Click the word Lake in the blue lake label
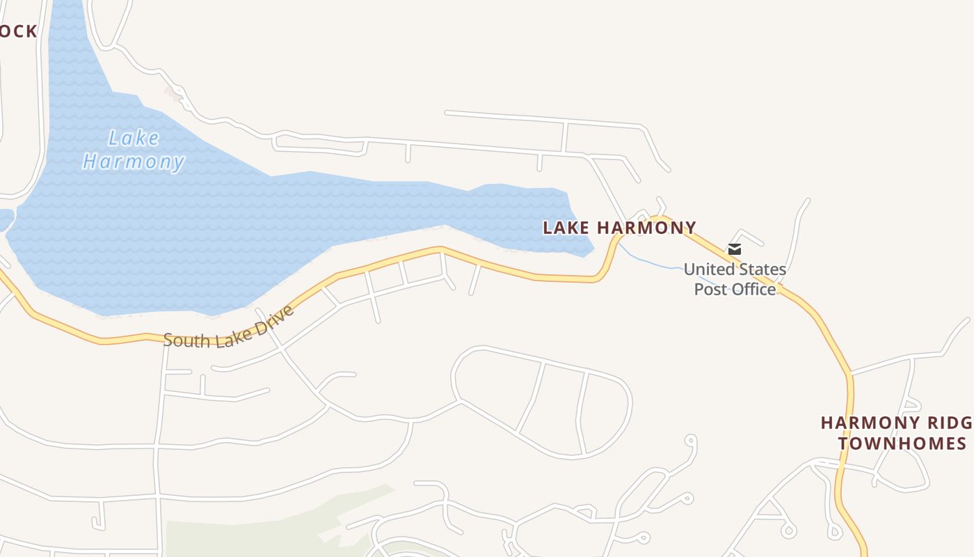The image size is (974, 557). coord(134,139)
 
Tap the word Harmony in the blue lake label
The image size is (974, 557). coord(134,162)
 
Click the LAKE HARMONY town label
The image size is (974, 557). coord(619,228)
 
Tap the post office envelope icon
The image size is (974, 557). coord(734,249)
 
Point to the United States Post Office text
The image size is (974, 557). coord(735,279)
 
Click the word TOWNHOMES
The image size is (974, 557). coord(902,444)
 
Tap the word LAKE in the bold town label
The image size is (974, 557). coord(566,228)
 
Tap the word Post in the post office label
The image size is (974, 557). coord(710,289)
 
